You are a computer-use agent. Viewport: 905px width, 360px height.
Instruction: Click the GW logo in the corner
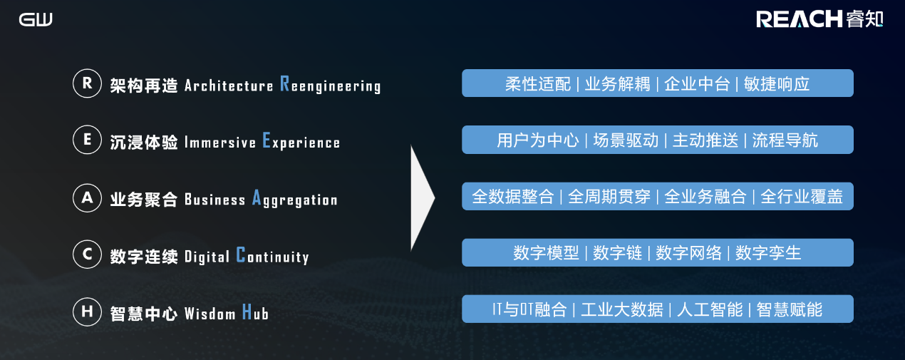[36, 19]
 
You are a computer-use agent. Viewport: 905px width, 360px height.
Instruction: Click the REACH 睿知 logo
[819, 19]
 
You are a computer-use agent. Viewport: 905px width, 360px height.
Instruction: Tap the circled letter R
[87, 83]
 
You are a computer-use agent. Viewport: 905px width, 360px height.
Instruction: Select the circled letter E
[87, 140]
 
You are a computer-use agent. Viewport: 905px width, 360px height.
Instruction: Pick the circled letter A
[87, 197]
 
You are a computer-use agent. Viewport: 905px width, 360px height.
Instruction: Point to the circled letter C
[87, 254]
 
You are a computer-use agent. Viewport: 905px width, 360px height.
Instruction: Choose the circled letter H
[87, 312]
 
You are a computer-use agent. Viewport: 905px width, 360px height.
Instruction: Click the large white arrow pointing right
[423, 198]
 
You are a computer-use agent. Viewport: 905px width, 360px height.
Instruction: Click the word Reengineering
[331, 85]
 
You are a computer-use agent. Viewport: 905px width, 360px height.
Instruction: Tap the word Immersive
[219, 143]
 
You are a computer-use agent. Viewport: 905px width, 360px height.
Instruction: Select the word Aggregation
[295, 199]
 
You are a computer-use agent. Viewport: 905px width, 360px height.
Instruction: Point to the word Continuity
[273, 256]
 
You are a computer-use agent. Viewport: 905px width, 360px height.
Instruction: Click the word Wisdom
[210, 314]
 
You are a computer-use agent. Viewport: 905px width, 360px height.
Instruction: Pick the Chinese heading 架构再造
[144, 86]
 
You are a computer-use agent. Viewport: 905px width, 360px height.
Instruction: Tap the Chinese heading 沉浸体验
[144, 143]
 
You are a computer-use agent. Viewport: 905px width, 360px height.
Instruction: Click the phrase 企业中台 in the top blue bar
[697, 84]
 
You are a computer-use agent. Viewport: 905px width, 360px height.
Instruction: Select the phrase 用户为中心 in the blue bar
[538, 140]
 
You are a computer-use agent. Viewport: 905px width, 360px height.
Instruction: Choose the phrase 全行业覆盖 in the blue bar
[802, 197]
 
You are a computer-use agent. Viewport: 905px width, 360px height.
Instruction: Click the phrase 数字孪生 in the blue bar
[768, 253]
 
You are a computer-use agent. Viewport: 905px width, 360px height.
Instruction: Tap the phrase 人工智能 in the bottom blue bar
[710, 309]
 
